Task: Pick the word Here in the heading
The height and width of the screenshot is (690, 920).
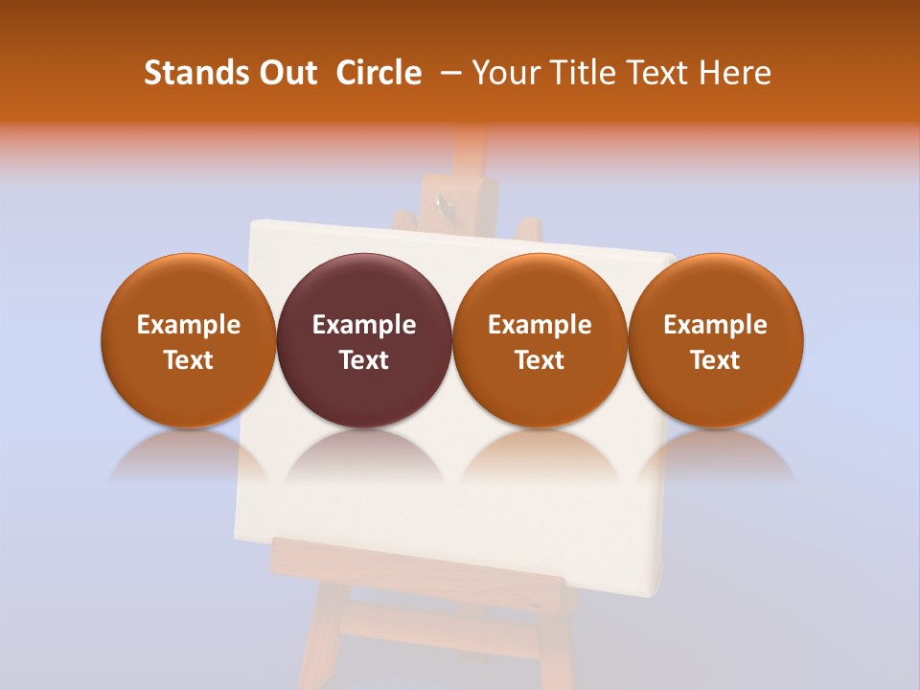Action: [735, 73]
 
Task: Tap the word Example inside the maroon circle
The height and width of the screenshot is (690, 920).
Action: [364, 325]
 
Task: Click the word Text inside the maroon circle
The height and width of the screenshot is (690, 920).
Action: [364, 360]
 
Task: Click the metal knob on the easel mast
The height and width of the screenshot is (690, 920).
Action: [441, 203]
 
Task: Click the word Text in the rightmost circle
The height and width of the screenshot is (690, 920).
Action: [716, 360]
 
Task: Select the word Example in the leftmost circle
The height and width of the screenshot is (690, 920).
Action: [189, 325]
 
